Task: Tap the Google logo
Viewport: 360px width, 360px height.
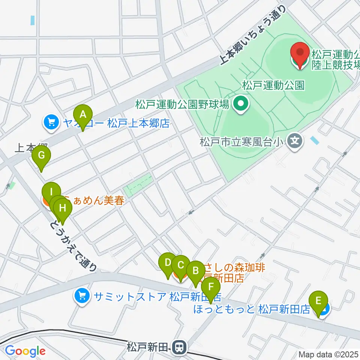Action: point(25,351)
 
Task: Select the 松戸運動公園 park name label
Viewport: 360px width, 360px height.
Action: point(273,85)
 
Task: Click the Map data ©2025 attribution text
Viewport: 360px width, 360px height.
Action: point(328,354)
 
